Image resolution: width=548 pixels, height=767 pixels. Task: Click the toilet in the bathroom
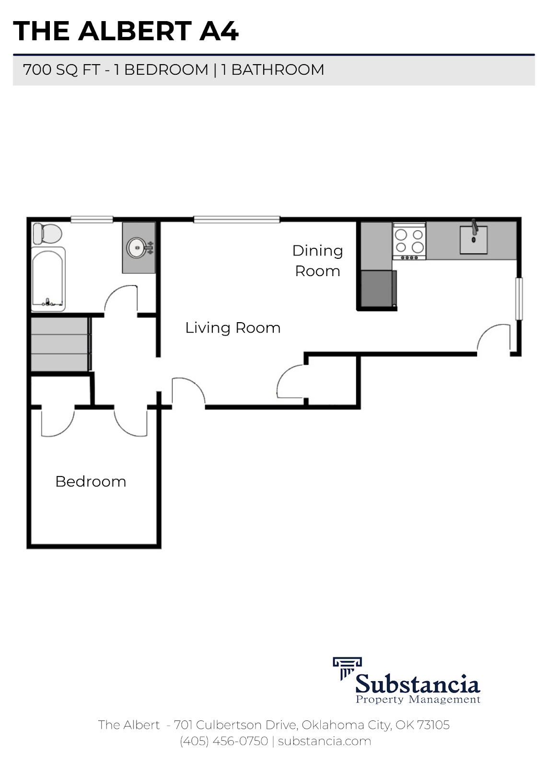click(47, 233)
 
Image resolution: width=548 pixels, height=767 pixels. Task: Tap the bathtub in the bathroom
click(48, 279)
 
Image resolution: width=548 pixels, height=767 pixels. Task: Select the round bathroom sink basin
click(136, 248)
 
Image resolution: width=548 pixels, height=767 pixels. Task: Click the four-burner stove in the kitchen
click(409, 241)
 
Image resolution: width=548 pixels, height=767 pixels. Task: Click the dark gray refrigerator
click(378, 289)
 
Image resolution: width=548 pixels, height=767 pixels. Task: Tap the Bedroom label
click(91, 481)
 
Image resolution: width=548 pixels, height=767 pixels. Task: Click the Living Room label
click(233, 328)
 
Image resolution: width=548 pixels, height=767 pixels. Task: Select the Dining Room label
click(317, 261)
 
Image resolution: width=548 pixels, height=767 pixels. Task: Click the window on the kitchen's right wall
click(518, 298)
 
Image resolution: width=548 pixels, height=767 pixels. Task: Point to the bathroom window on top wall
click(92, 220)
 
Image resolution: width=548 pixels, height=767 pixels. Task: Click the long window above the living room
click(236, 220)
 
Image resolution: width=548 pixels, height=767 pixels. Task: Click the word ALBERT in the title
click(135, 31)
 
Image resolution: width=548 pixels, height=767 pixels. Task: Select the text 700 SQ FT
click(61, 70)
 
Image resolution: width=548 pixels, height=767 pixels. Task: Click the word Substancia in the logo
click(417, 683)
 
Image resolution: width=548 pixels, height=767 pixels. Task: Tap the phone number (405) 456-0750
click(224, 741)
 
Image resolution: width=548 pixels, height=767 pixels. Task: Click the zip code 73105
click(433, 725)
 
